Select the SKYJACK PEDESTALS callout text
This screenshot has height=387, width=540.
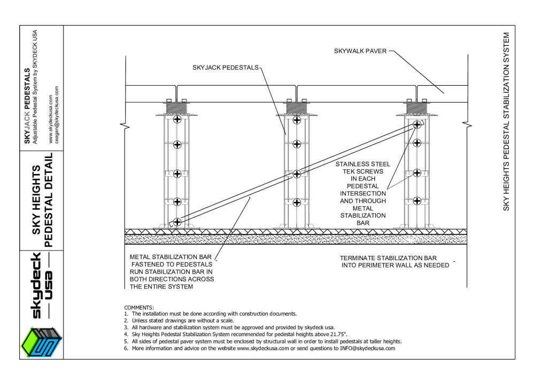(225, 67)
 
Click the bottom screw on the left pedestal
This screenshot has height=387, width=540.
(178, 221)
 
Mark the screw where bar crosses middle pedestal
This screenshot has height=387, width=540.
(297, 174)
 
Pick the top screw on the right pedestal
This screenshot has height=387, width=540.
(417, 124)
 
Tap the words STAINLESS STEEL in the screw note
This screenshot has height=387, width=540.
(362, 164)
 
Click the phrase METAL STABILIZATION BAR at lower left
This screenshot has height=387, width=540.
(172, 257)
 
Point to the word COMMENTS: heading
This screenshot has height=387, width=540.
(138, 307)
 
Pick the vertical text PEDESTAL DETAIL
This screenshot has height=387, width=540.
(48, 200)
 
